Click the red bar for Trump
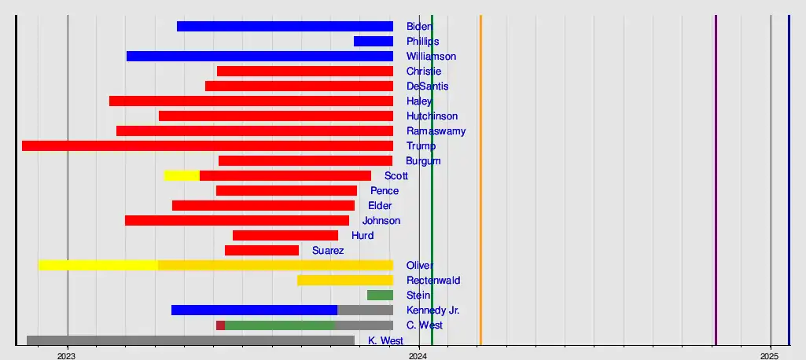[207, 145]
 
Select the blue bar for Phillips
[373, 41]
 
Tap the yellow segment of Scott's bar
[182, 175]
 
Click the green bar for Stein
[380, 295]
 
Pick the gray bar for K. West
[190, 340]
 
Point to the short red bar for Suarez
[262, 250]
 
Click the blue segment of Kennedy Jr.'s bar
[254, 310]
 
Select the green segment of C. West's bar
[279, 325]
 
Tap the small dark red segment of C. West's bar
[220, 325]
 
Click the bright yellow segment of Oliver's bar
[98, 265]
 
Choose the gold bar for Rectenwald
[344, 280]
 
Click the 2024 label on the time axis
[419, 354]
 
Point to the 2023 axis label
[67, 354]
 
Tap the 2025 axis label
[771, 354]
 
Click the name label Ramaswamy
[436, 131]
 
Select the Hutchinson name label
[432, 116]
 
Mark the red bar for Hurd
[285, 235]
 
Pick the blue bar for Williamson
[259, 56]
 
